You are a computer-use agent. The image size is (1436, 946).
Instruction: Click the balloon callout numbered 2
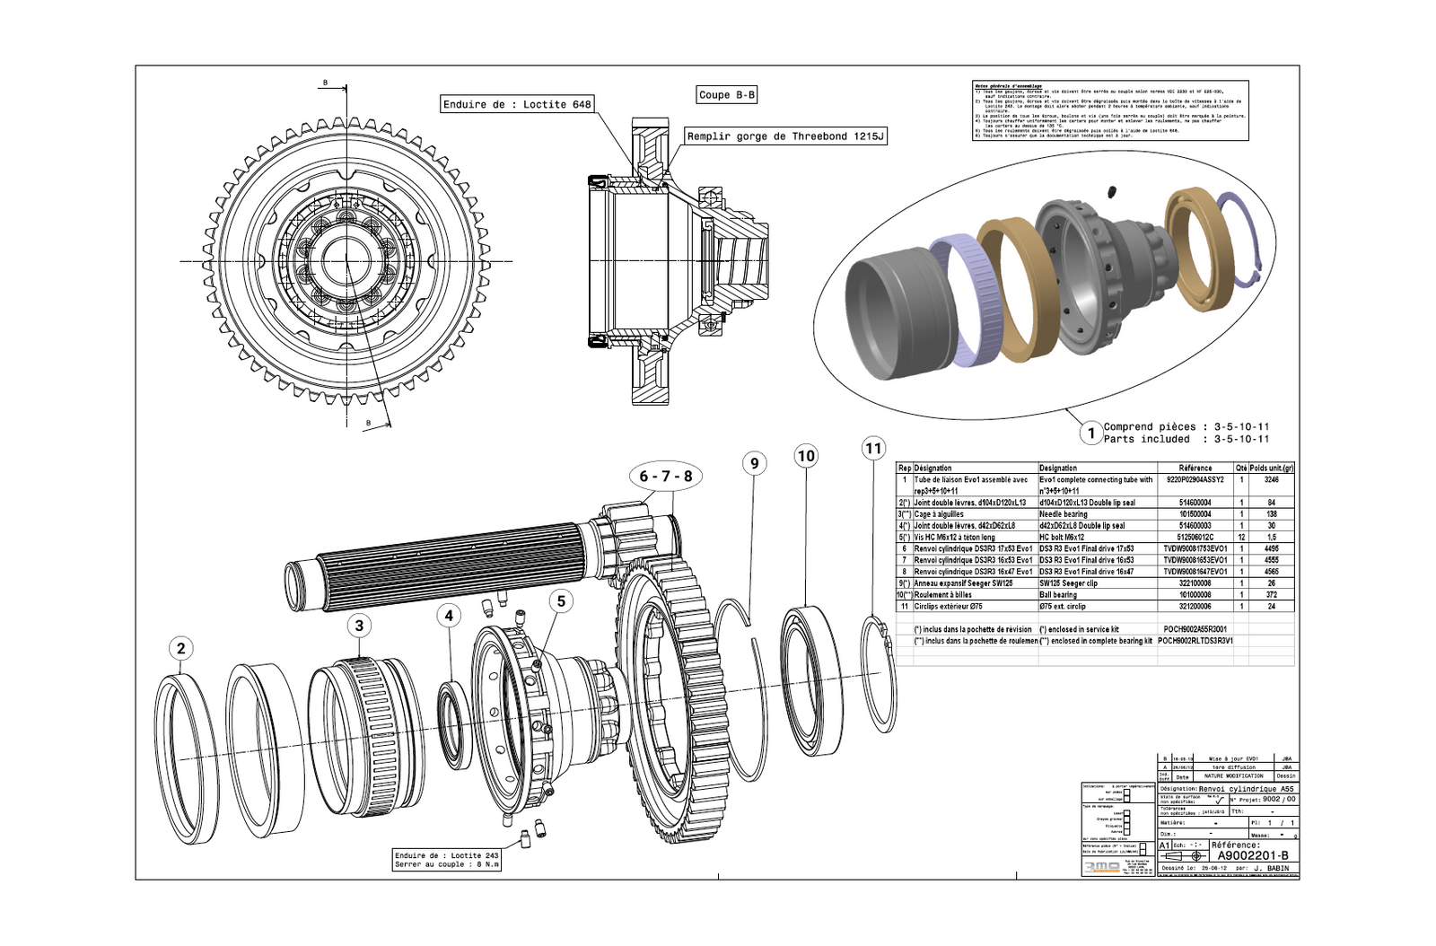[181, 648]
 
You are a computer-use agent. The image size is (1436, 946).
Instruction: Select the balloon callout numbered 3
[359, 626]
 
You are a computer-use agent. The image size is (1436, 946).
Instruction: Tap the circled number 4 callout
[449, 616]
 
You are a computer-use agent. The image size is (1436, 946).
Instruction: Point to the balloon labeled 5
[561, 601]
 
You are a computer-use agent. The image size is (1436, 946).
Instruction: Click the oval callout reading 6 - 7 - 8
[665, 477]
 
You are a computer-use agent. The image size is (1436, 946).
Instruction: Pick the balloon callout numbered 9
[754, 463]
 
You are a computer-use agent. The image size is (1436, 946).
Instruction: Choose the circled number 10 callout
[806, 456]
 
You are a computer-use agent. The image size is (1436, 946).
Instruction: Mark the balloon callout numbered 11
[873, 448]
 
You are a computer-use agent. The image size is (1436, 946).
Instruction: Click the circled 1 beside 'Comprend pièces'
[1090, 434]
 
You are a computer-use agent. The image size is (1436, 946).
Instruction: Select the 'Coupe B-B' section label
[727, 94]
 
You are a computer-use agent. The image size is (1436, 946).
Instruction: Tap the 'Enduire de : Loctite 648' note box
[518, 104]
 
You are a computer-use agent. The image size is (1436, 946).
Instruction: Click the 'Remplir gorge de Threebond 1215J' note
[785, 136]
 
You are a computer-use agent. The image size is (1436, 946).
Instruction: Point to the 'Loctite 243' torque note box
[447, 860]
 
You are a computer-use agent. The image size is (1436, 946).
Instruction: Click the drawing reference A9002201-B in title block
[1252, 855]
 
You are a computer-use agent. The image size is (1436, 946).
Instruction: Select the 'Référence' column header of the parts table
[1195, 468]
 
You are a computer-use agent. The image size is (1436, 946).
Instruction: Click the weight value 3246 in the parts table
[1271, 480]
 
